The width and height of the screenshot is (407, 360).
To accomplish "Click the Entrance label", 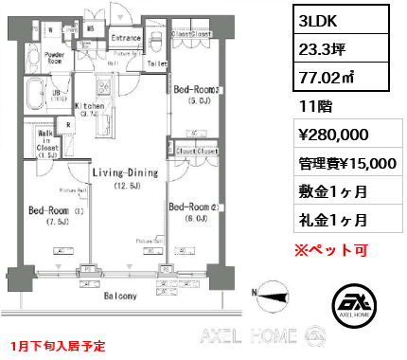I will click(x=126, y=38).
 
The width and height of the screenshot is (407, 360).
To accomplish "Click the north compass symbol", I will click(x=275, y=294).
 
